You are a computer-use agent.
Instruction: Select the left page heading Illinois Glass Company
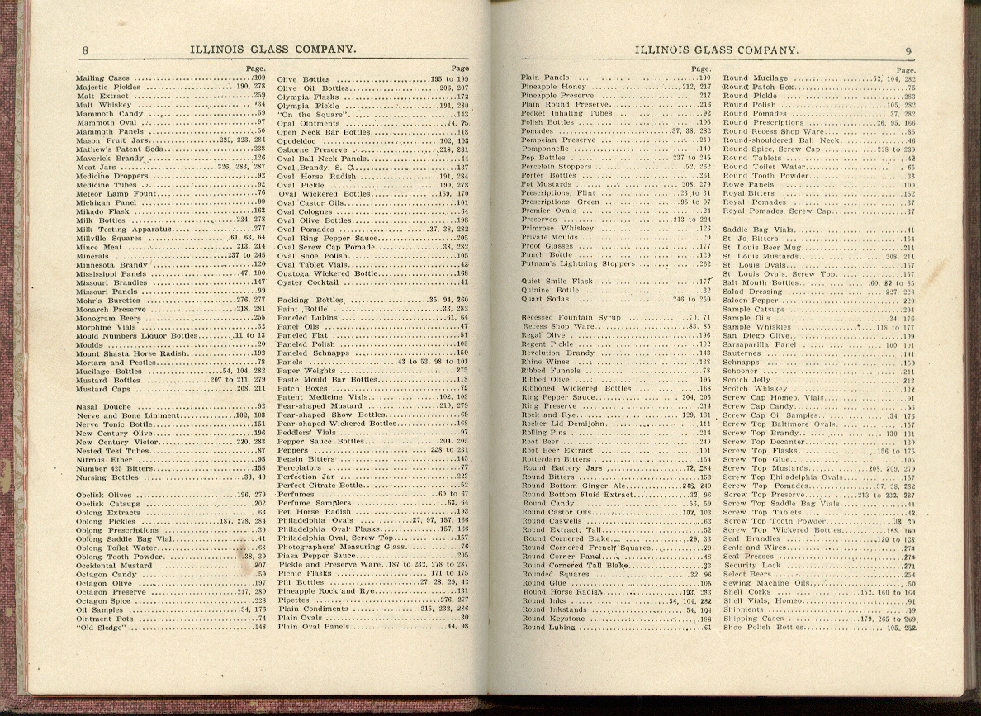click(272, 50)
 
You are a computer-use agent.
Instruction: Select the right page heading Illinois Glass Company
click(718, 50)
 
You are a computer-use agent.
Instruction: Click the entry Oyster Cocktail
click(307, 282)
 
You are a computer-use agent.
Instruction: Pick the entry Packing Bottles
click(310, 300)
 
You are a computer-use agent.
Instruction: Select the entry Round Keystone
click(553, 619)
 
